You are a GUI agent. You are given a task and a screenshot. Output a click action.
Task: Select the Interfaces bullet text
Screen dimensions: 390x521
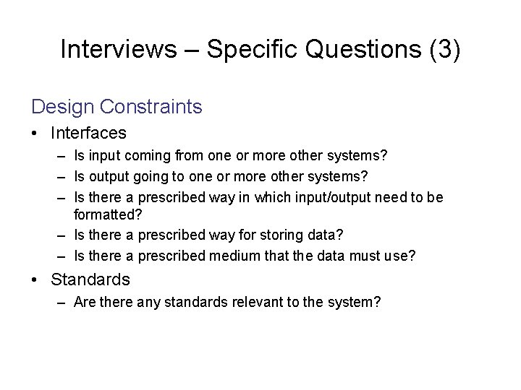coord(88,134)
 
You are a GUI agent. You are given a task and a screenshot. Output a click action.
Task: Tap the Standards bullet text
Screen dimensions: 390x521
coord(90,279)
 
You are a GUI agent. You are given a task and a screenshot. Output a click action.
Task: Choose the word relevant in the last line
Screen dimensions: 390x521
coord(256,303)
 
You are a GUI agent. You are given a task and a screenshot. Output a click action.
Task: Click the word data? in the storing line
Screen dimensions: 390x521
coord(326,235)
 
